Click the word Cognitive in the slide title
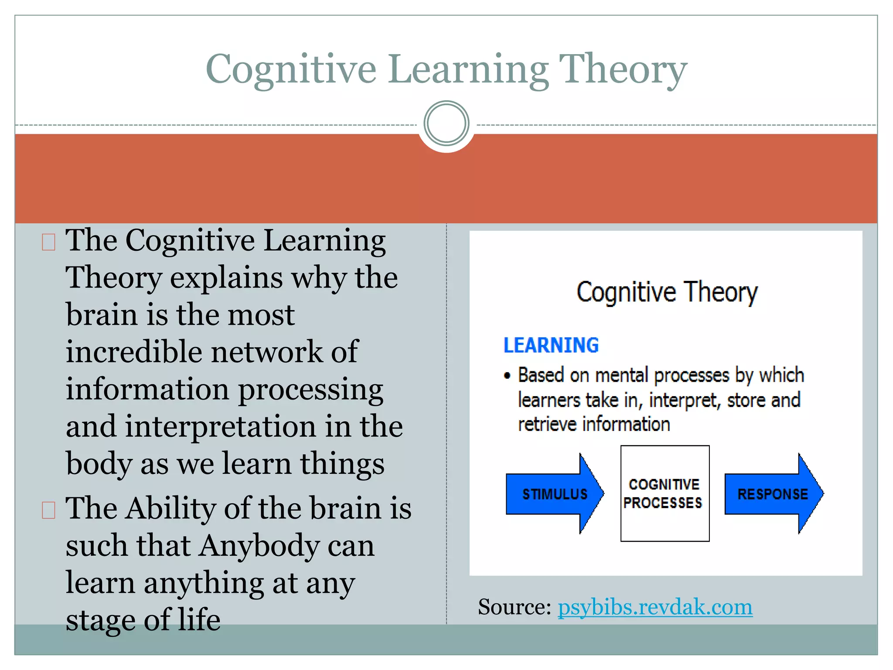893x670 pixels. coord(291,70)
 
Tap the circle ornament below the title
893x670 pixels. coord(446,123)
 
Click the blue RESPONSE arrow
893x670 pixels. coord(773,494)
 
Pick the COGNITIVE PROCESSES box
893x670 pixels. coord(665,493)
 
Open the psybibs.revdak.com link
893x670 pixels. coord(655,607)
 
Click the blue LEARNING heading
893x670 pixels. coord(551,345)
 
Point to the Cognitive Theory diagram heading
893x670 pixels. coord(667,292)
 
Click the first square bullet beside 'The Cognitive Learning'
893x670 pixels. coord(48,242)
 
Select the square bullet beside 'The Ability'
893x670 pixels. coord(48,510)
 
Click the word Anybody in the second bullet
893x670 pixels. coord(259,546)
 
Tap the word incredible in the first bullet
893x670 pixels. coord(133,352)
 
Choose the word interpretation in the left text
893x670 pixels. coord(221,427)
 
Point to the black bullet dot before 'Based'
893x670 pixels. coord(507,376)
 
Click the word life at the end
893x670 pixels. coord(199,620)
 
